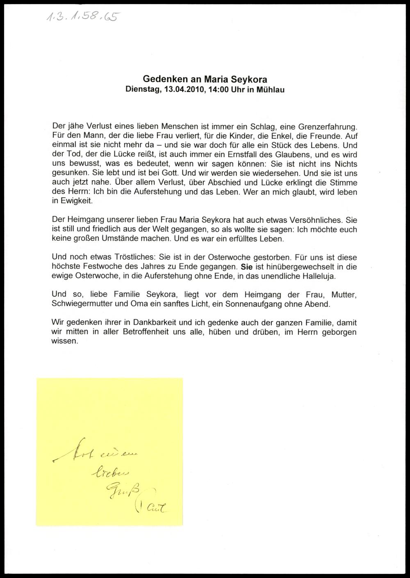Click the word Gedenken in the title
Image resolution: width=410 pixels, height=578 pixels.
[x=161, y=79]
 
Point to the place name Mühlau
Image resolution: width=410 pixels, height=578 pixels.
[x=271, y=89]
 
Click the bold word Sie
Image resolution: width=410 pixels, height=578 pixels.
[x=247, y=267]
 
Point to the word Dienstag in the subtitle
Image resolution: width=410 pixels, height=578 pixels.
[x=143, y=89]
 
